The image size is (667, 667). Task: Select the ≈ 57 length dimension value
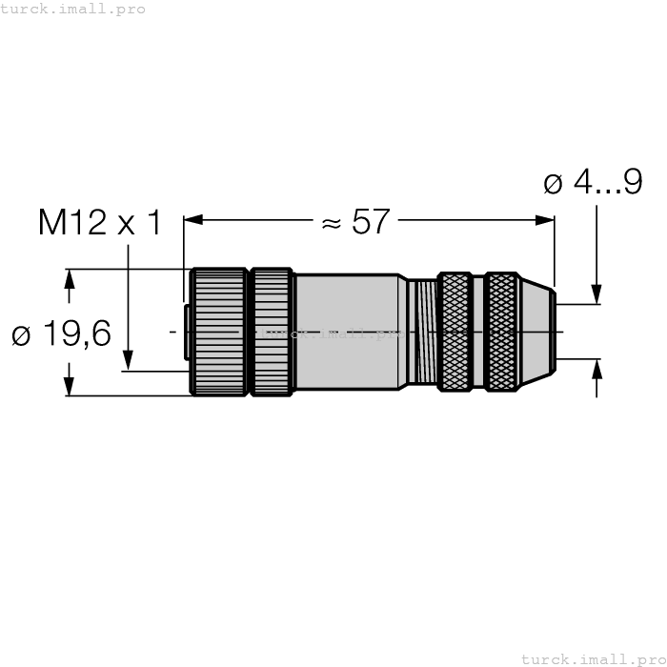pos(356,221)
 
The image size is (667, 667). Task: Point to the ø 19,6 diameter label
pos(61,334)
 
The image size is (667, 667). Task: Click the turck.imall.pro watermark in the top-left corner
pos(73,9)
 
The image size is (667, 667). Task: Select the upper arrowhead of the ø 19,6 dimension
pos(69,278)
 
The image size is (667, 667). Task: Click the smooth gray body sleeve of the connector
pos(347,332)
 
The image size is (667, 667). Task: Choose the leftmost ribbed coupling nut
pos(218,332)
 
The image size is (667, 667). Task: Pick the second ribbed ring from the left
pos(272,332)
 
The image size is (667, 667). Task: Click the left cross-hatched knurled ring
pos(455,332)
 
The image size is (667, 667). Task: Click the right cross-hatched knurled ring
pos(500,332)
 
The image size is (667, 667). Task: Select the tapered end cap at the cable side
pos(536,332)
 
